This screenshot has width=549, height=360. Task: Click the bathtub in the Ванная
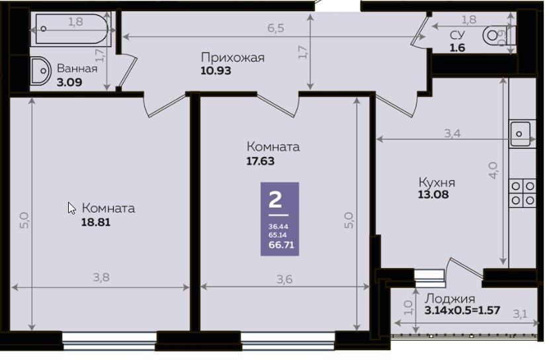pos(72,28)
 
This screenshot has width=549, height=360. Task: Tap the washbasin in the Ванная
pos(39,71)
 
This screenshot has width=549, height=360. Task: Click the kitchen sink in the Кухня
pos(521,134)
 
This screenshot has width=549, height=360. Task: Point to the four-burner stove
pos(523,193)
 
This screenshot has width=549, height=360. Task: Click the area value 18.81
pos(96,222)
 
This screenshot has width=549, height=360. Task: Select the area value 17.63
pos(260,161)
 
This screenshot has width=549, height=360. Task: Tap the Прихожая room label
pos(232,57)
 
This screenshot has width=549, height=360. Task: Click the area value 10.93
pos(216,71)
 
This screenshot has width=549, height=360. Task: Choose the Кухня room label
pos(437,183)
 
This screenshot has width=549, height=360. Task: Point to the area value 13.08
pos(433,195)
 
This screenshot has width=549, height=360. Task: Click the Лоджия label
pos(450,298)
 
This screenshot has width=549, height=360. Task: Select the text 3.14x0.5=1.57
pos(462,310)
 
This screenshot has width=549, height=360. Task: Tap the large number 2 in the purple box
pos(275,199)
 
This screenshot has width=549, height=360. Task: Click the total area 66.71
pos(282,245)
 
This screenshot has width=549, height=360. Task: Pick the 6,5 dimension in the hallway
pos(276,28)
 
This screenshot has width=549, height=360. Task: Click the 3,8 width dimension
pos(101,278)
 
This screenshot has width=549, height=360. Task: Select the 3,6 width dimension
pos(284,279)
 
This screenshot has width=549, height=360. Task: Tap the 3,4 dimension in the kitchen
pos(452,134)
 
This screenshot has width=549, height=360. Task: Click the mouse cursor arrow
pos(71,208)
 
